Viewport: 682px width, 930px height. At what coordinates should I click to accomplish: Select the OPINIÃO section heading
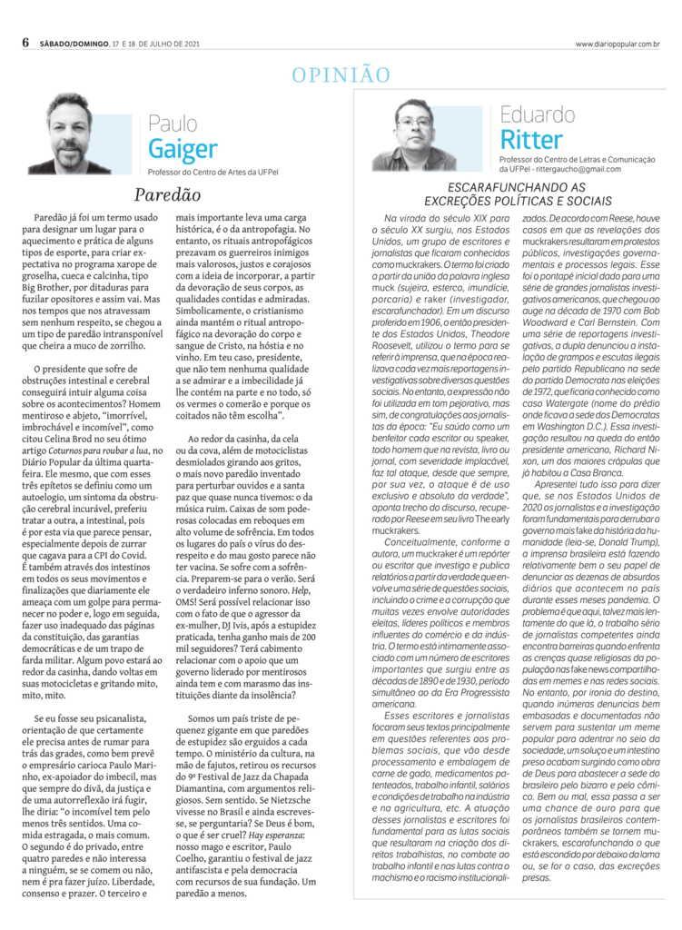341,75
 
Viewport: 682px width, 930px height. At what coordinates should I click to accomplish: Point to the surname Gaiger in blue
183,149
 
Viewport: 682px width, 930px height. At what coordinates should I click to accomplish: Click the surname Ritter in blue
531,141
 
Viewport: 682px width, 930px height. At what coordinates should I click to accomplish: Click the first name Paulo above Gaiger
173,123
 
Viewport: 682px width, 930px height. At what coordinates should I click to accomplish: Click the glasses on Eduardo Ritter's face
414,121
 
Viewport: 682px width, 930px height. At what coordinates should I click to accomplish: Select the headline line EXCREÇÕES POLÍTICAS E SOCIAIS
505,200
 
